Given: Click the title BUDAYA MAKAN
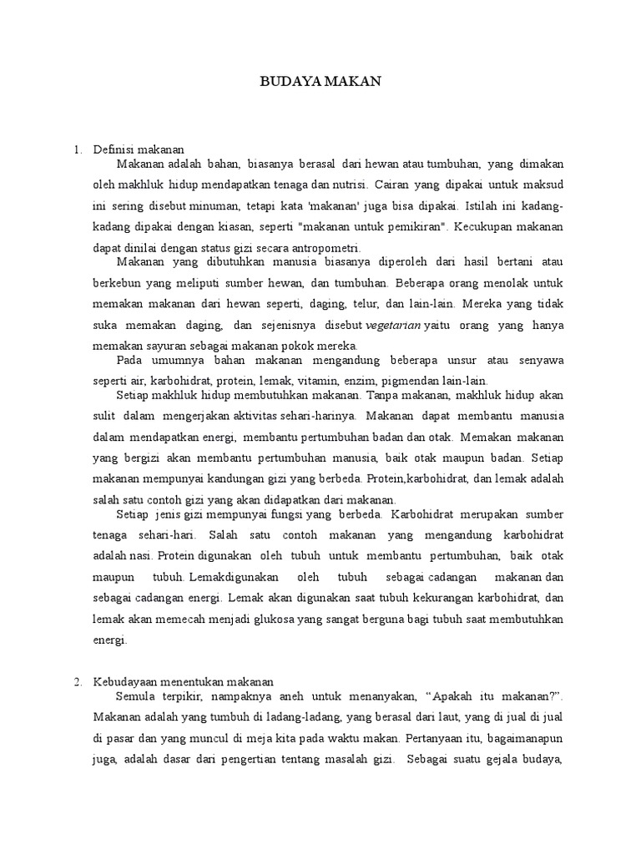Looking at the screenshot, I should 320,81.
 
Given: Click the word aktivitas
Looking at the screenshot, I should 253,415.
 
